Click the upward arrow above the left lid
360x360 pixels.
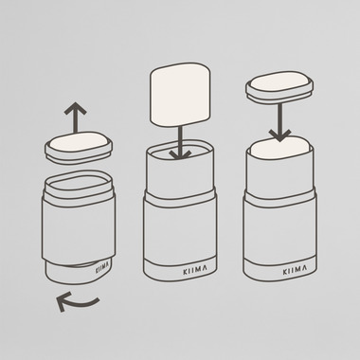pyautogui.click(x=75, y=117)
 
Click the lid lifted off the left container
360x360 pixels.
pyautogui.click(x=79, y=148)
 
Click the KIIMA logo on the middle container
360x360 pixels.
pyautogui.click(x=195, y=270)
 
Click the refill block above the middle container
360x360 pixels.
pyautogui.click(x=180, y=95)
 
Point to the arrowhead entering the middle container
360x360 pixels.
pyautogui.click(x=180, y=154)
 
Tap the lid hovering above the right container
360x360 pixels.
pyautogui.click(x=279, y=87)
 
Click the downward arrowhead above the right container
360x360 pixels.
pyautogui.click(x=279, y=135)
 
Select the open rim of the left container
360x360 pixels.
pyautogui.click(x=79, y=185)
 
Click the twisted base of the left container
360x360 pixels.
pyautogui.click(x=78, y=271)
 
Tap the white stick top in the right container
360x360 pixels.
pyautogui.click(x=279, y=147)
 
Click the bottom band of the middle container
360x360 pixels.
pyautogui.click(x=180, y=269)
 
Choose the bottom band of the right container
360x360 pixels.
pyautogui.click(x=279, y=269)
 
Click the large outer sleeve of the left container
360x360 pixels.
pyautogui.click(x=79, y=228)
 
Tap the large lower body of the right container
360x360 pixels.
pyautogui.click(x=279, y=232)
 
